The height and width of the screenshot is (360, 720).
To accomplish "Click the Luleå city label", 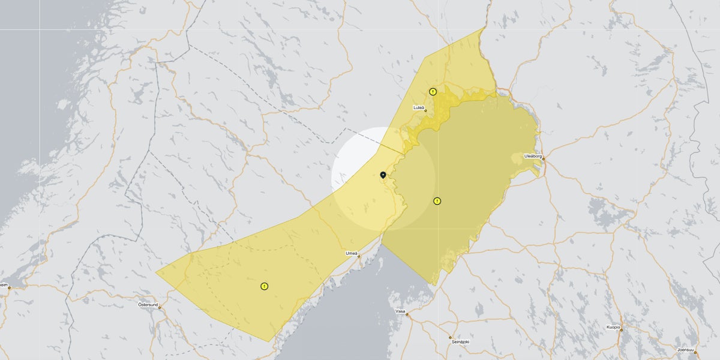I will tap(419, 107).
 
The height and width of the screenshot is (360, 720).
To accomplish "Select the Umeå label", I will tap(352, 253).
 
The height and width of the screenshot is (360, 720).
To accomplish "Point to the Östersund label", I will tap(148, 305).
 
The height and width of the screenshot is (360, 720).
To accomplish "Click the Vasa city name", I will tap(400, 311).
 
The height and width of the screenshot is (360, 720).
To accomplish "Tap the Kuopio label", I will tap(613, 327).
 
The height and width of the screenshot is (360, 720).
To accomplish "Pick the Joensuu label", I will tap(685, 350).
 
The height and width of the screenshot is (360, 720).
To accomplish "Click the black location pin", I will tap(383, 175).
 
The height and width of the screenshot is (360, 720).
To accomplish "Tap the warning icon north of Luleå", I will tap(433, 92).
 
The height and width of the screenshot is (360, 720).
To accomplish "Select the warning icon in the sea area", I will tap(437, 201).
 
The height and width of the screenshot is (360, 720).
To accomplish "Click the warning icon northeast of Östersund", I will tap(264, 286).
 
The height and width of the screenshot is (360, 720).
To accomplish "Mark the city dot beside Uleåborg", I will tap(544, 159).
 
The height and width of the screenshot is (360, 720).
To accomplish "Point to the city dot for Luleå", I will tap(425, 111).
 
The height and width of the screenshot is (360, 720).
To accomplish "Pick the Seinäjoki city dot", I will tap(451, 337).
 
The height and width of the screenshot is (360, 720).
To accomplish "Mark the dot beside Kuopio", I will tap(621, 330).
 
